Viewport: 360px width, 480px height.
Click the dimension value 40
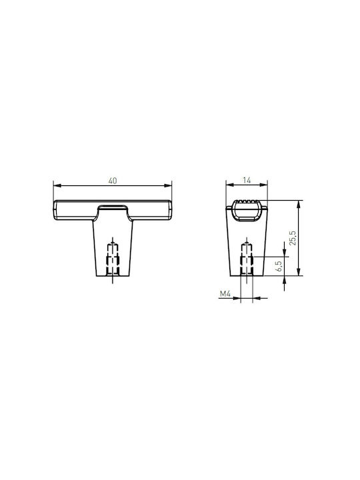(113, 181)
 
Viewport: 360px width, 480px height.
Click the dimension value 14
(247, 180)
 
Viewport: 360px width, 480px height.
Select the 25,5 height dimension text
(293, 238)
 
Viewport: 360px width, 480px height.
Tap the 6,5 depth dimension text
(279, 266)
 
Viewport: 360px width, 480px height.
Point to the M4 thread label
(225, 294)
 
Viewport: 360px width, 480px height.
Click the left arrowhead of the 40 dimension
(57, 185)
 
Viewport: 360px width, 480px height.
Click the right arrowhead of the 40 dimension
(168, 185)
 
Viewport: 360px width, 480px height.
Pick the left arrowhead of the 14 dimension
(229, 185)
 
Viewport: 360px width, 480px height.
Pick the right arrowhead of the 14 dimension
(263, 185)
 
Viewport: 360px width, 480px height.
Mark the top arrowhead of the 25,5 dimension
(299, 204)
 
